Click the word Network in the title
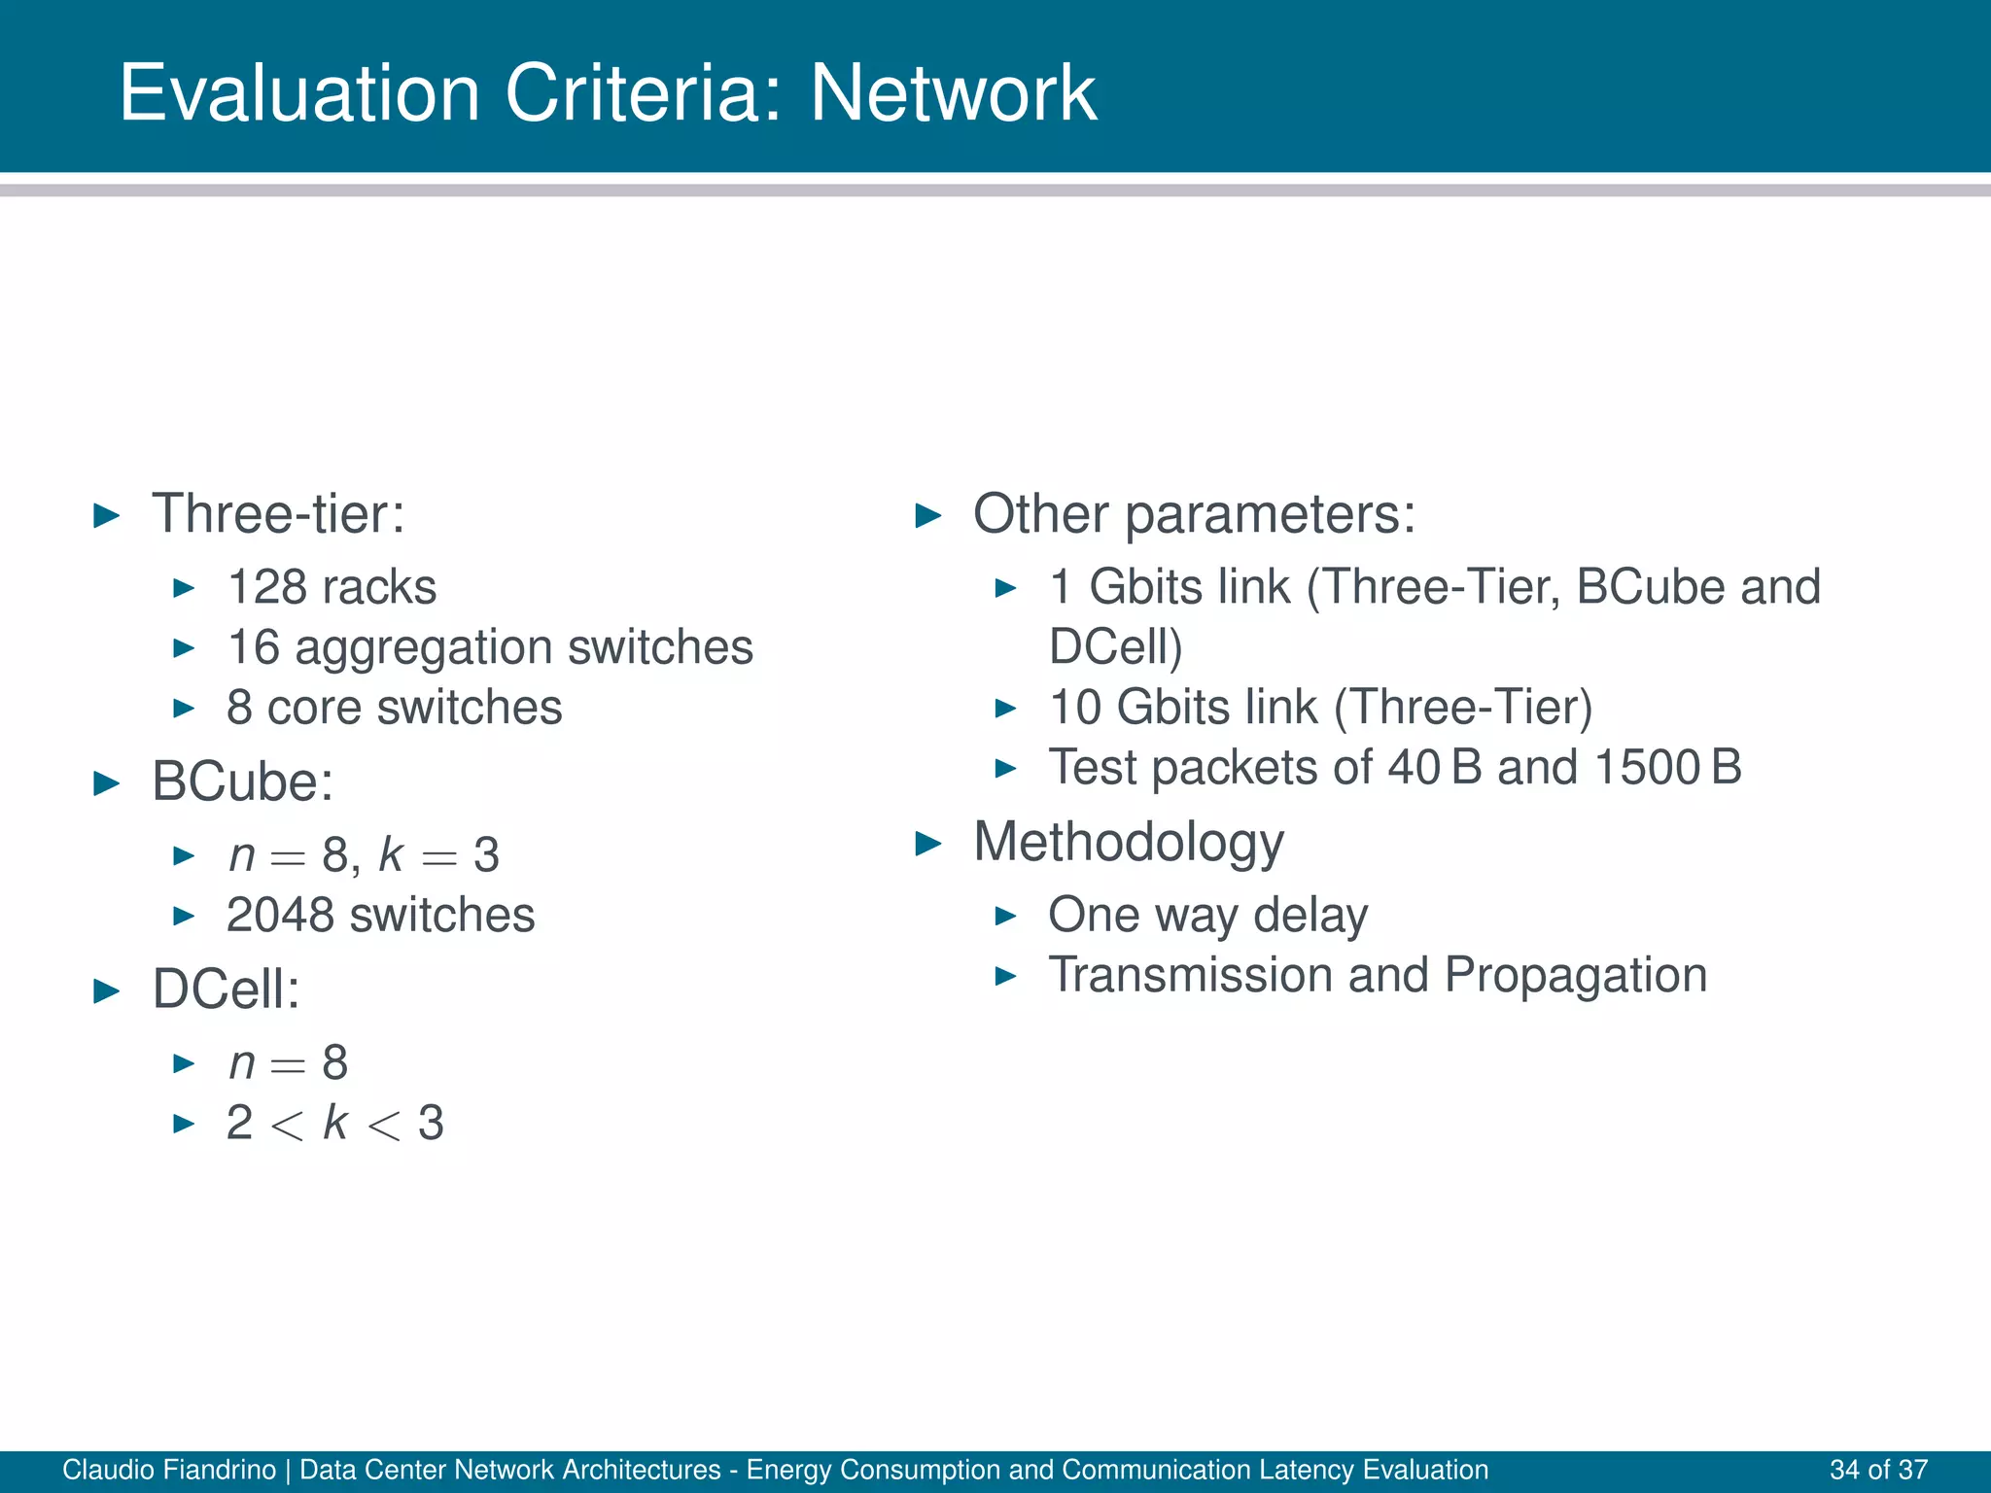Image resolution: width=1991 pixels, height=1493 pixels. click(953, 93)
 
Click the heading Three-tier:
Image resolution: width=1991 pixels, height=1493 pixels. click(278, 513)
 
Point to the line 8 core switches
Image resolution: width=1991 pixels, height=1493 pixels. click(394, 708)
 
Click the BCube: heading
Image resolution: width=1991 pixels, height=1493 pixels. click(243, 781)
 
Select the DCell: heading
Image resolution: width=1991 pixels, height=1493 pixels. click(226, 990)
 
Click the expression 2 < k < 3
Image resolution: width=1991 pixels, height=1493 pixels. click(334, 1124)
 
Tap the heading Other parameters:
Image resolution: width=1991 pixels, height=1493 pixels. click(1194, 513)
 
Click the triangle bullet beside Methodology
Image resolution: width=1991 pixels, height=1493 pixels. click(929, 844)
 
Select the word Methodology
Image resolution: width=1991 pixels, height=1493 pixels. click(1128, 842)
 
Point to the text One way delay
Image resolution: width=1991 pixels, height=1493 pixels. click(1207, 916)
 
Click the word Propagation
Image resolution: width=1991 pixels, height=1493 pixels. click(1575, 976)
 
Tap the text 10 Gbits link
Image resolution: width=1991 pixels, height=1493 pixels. click(1182, 708)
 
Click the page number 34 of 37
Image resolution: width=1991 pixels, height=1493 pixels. click(1878, 1470)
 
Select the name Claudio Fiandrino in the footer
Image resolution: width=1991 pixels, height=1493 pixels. click(169, 1470)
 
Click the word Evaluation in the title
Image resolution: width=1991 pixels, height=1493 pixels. click(299, 93)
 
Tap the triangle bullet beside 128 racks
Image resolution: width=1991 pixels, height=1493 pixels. click(184, 588)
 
